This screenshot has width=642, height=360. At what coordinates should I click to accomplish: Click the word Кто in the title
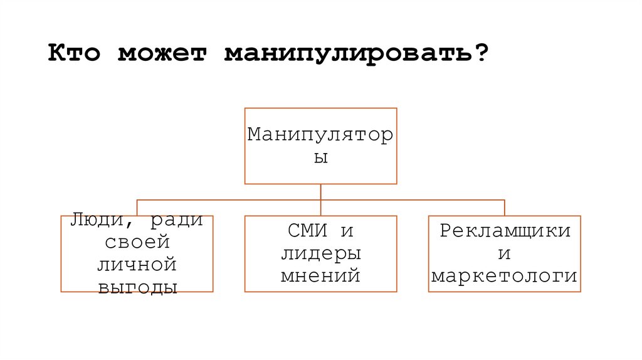75,53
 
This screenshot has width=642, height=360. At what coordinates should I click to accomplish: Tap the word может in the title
164,53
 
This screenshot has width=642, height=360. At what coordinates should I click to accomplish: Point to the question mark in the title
480,53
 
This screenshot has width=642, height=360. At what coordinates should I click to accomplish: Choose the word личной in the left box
137,264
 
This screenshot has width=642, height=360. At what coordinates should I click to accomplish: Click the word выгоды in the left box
137,287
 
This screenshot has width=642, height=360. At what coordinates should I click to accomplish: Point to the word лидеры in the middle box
320,253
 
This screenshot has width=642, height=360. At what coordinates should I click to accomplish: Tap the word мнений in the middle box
320,276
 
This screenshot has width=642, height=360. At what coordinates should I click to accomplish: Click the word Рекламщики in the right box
505,231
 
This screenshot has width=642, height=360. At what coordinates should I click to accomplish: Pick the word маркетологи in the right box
505,276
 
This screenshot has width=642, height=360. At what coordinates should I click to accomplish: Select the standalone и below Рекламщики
505,254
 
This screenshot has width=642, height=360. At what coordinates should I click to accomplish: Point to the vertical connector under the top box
320,192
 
